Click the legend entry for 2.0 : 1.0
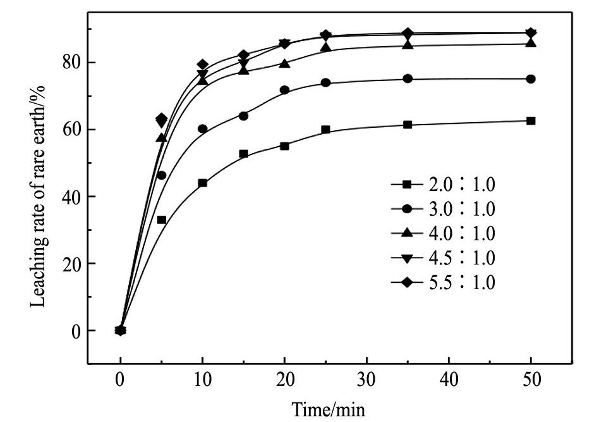point(442,184)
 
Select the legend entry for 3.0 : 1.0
point(442,209)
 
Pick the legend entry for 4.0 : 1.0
point(442,233)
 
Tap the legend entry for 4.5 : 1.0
point(442,258)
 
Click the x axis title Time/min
point(325,408)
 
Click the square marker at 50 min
point(531,121)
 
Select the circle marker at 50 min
point(531,79)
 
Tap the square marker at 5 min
point(161,220)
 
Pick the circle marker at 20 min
point(284,90)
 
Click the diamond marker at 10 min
point(202,65)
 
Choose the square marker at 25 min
point(325,129)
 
